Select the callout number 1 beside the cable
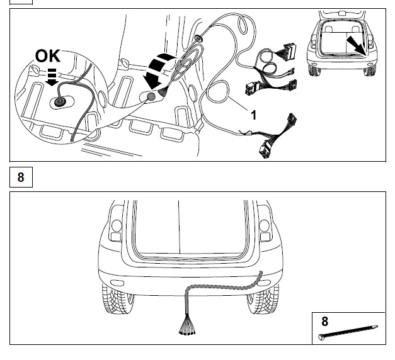[254, 115]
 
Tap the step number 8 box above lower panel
[21, 177]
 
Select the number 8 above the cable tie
[325, 322]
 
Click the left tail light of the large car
[115, 230]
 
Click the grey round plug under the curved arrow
[151, 96]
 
